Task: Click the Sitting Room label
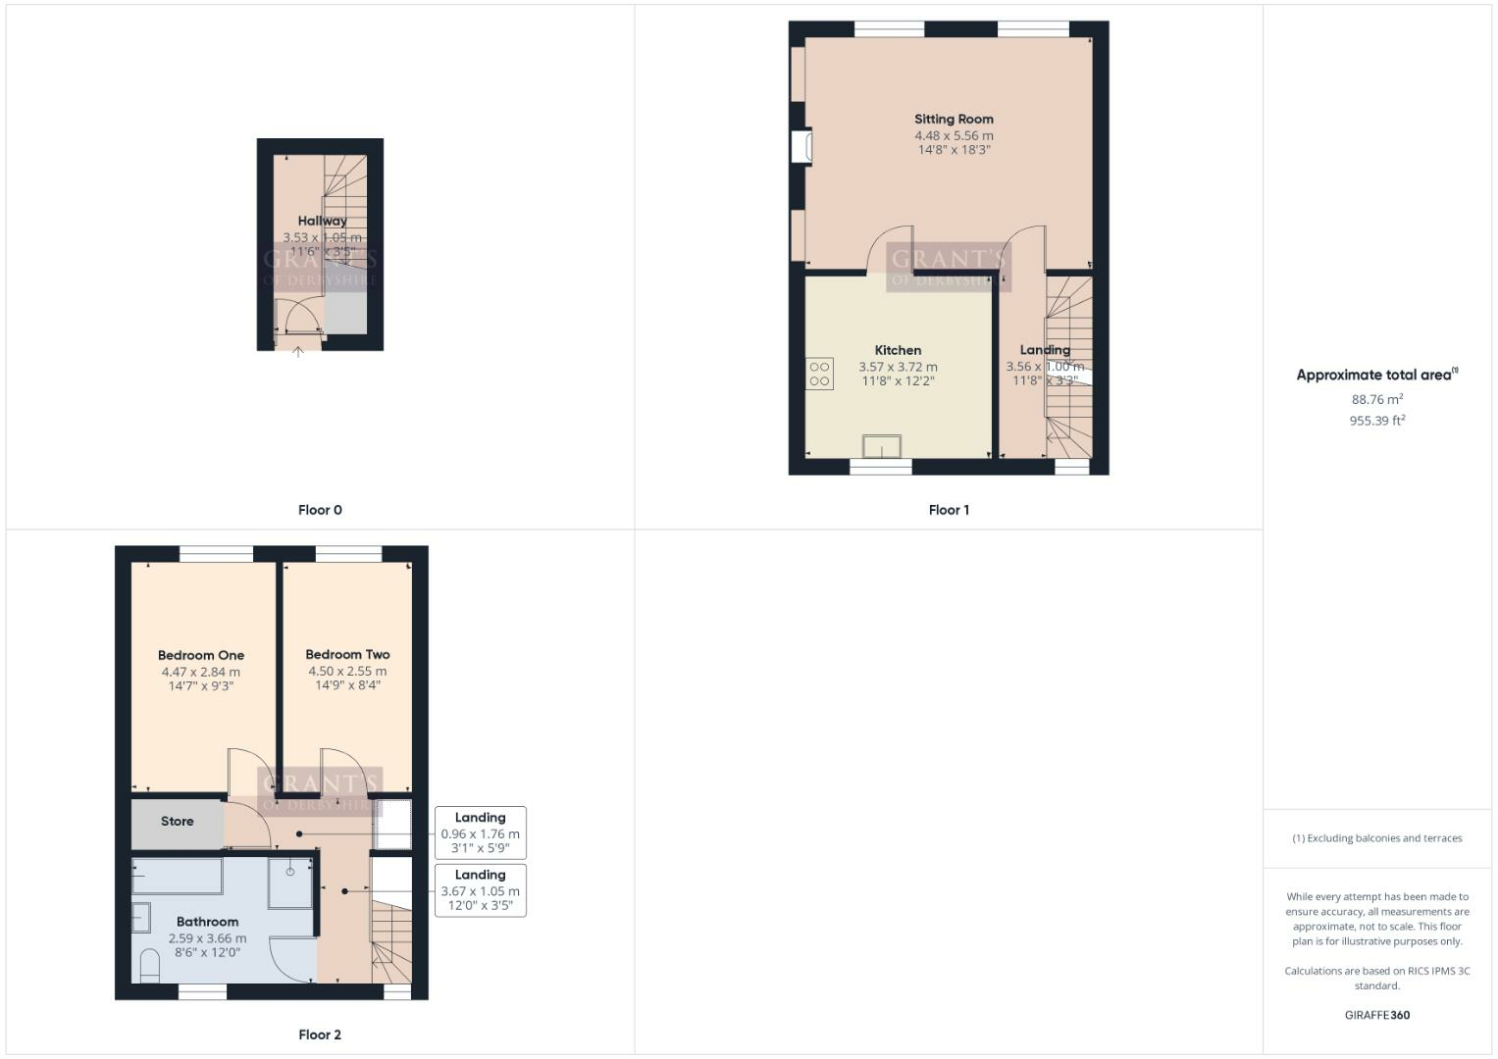(954, 119)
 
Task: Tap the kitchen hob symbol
(819, 374)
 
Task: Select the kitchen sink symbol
(882, 447)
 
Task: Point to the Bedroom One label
(201, 655)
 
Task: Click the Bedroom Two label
(347, 654)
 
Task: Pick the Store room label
(178, 822)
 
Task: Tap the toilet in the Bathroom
(150, 966)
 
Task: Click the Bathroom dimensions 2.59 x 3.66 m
(207, 938)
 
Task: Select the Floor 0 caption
(320, 510)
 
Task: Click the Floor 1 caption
(949, 510)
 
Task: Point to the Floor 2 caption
(320, 1034)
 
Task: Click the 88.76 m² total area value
(1376, 399)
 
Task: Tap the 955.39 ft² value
(1376, 421)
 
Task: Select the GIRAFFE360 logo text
(1376, 1015)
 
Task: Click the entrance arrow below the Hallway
(298, 352)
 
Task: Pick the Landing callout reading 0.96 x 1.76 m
(480, 832)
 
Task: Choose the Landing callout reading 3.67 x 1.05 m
(480, 890)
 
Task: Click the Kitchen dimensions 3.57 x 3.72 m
(898, 367)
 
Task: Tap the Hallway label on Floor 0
(322, 221)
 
